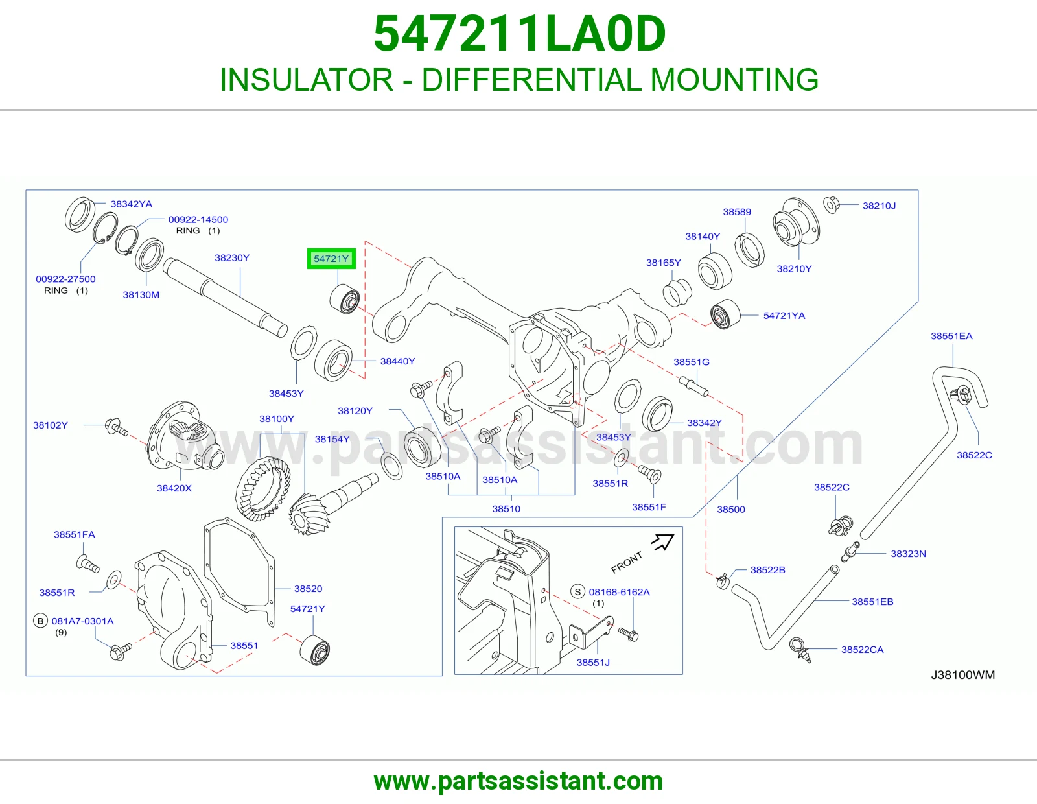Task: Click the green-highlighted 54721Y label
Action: (x=331, y=259)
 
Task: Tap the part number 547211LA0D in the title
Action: (x=519, y=34)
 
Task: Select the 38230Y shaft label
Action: (x=232, y=258)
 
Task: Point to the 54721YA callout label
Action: (x=784, y=316)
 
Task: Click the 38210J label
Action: (x=879, y=206)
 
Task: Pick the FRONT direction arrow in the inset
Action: (x=663, y=542)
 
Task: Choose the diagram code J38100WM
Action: (x=963, y=674)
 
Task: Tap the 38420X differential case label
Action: (x=174, y=488)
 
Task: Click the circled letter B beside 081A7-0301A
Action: (x=41, y=621)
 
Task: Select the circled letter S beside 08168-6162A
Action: (x=578, y=591)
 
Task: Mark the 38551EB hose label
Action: (x=872, y=602)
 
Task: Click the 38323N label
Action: (x=908, y=554)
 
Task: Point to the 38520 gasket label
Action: (x=308, y=589)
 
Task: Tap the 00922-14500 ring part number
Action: (x=198, y=220)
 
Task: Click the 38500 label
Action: (x=730, y=510)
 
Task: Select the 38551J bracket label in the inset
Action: (x=593, y=662)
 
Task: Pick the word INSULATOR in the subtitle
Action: (x=307, y=80)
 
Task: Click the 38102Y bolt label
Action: (x=50, y=425)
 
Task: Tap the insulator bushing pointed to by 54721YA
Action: (x=725, y=314)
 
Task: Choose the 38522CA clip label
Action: (x=863, y=649)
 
